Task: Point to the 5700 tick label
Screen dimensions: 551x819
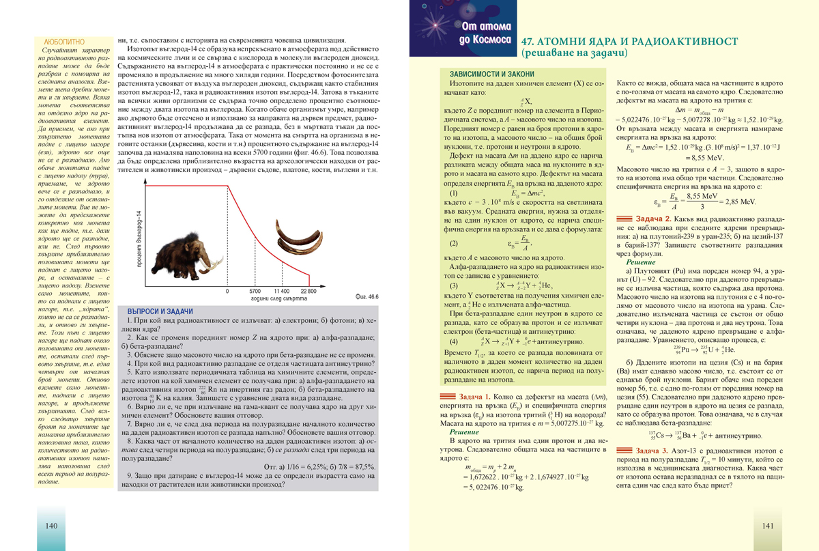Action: click(x=255, y=290)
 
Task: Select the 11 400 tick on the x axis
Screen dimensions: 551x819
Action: click(x=282, y=290)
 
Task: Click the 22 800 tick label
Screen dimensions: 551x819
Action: click(x=308, y=290)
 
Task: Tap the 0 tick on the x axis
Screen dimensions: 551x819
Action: click(x=227, y=290)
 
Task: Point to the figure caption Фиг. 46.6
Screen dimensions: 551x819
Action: click(x=368, y=297)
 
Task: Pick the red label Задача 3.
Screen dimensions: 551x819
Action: click(x=652, y=451)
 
